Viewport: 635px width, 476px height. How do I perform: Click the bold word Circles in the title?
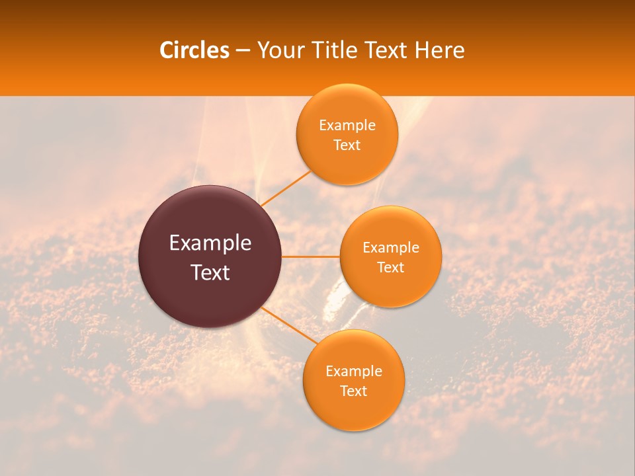pyautogui.click(x=194, y=50)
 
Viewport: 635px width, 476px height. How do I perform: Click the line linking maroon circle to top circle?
pyautogui.click(x=286, y=188)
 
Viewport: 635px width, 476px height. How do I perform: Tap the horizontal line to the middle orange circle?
pyautogui.click(x=310, y=257)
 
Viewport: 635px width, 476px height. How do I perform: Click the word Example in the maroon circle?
pyautogui.click(x=210, y=243)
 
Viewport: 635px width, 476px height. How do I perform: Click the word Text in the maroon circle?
pyautogui.click(x=210, y=272)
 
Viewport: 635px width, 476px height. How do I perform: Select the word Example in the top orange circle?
pyautogui.click(x=347, y=126)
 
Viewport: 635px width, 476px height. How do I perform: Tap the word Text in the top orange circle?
pyautogui.click(x=347, y=145)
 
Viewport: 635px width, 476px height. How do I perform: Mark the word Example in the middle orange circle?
pyautogui.click(x=391, y=248)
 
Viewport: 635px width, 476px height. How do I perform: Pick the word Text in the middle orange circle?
pyautogui.click(x=390, y=268)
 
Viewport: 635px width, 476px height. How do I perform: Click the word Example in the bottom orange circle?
pyautogui.click(x=354, y=372)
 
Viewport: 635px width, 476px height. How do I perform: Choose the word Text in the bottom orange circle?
pyautogui.click(x=353, y=391)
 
